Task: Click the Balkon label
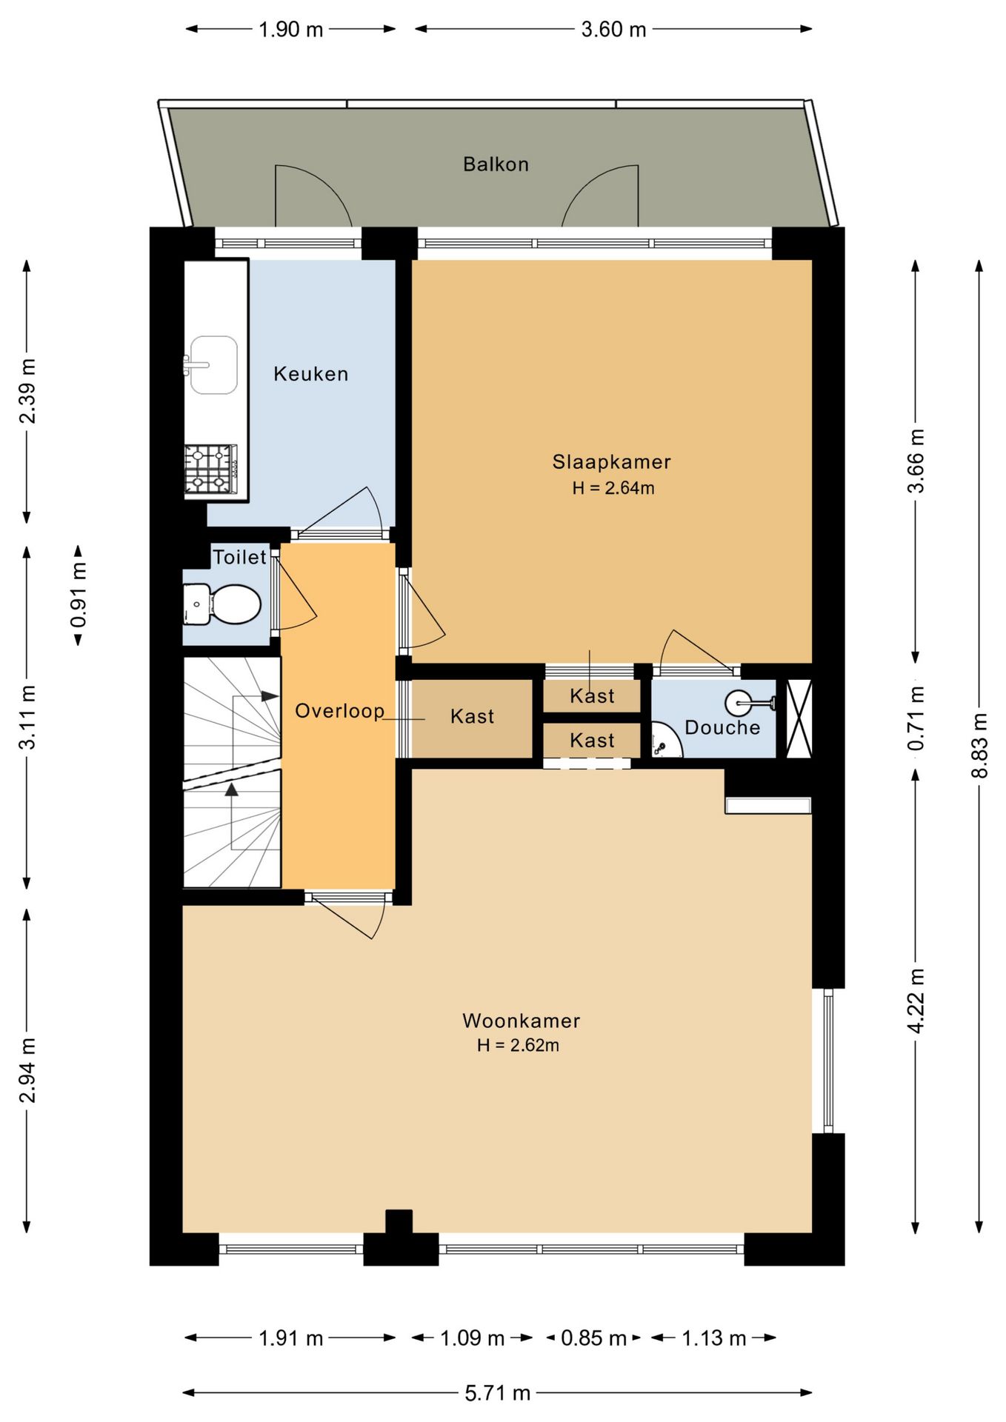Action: click(496, 164)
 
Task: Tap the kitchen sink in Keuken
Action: click(213, 365)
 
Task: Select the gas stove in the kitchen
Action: click(211, 470)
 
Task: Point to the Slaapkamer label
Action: click(612, 461)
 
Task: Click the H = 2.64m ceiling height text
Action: click(613, 488)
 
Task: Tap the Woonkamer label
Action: click(522, 1021)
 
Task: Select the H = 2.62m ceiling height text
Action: click(519, 1045)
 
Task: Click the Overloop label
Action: click(339, 711)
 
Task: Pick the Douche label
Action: click(722, 727)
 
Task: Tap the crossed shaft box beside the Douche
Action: click(799, 718)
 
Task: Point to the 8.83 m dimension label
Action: click(979, 745)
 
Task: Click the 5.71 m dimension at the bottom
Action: click(498, 1393)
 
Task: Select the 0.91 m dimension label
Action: click(78, 595)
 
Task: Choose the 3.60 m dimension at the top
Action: click(613, 30)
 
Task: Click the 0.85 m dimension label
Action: click(593, 1338)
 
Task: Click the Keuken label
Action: click(311, 374)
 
